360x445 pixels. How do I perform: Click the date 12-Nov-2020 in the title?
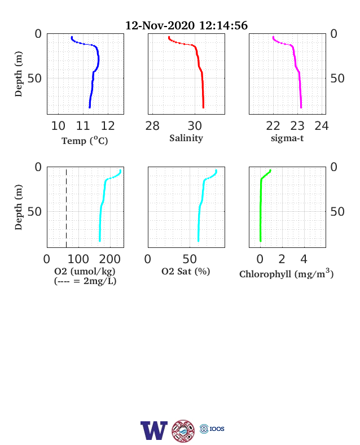(x=160, y=25)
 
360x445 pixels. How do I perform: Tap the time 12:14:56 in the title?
(x=223, y=25)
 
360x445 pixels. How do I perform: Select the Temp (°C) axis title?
(x=85, y=141)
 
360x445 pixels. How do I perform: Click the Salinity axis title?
(x=186, y=138)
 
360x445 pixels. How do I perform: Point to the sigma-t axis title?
(x=287, y=138)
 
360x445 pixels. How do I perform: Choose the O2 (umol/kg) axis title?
(x=85, y=271)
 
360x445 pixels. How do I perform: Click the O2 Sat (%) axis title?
(x=186, y=271)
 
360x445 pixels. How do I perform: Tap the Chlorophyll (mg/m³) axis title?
(x=286, y=273)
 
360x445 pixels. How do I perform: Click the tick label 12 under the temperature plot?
(x=108, y=126)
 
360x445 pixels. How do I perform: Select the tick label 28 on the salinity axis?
(x=152, y=126)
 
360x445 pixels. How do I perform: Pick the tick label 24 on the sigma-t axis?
(x=322, y=126)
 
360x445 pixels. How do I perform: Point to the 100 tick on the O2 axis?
(x=78, y=259)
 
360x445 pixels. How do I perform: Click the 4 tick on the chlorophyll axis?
(x=304, y=259)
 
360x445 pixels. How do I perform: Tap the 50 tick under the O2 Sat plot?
(x=190, y=259)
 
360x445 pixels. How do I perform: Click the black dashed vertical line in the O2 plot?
(x=67, y=208)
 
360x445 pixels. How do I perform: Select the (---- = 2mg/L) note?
(x=85, y=281)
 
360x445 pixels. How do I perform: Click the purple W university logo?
(x=154, y=430)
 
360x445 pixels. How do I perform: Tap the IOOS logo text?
(x=217, y=429)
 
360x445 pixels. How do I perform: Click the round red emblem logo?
(x=183, y=431)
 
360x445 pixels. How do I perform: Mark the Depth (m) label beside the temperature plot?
(x=19, y=74)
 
